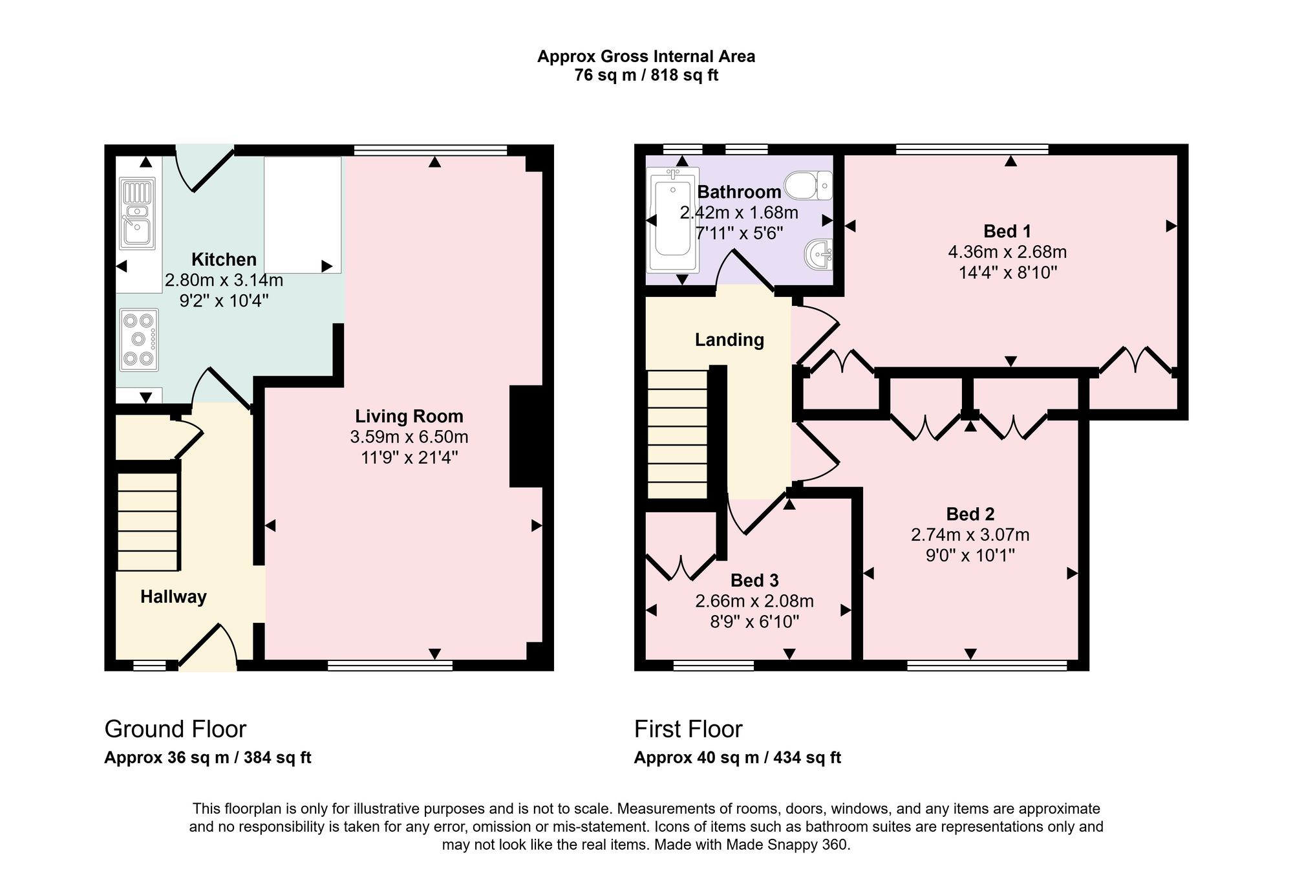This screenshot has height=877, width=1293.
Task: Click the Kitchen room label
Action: pos(224,259)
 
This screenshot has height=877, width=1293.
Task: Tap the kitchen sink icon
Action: pos(137,213)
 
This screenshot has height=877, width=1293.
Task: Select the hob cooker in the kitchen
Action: pos(138,340)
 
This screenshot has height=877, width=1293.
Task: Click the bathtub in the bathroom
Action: pos(673,220)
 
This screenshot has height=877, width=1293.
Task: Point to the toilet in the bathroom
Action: pos(808,185)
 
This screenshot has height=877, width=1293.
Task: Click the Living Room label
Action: pos(409,416)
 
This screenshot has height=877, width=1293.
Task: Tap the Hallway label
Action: pos(173,596)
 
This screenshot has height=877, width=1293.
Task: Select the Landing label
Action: pos(729,340)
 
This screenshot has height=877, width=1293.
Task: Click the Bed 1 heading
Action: pos(1007,231)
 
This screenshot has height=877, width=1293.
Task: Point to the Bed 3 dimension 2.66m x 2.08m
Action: pos(754,601)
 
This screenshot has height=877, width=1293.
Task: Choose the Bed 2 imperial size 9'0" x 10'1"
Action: pos(970,555)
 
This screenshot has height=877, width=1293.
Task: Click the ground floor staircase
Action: pos(147,521)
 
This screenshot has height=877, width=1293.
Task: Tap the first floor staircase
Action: pos(678,434)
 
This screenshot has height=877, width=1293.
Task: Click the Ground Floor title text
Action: pos(175,729)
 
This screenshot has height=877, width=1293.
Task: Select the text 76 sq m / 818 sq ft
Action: pos(646,75)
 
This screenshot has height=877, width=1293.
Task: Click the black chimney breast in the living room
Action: pos(526,436)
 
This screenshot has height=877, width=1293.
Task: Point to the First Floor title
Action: pos(688,729)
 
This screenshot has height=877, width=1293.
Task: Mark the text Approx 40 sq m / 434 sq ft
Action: pos(738,757)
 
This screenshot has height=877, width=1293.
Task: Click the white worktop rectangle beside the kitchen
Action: pos(302,215)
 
